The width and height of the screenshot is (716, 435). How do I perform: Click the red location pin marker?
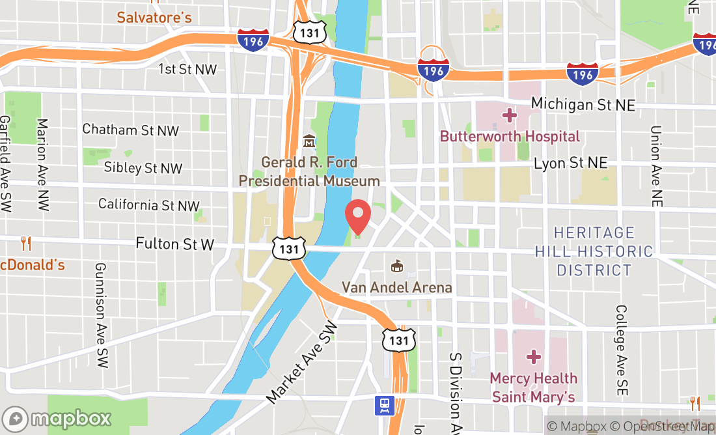coord(357,216)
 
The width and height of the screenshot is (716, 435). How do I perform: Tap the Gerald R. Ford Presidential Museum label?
coord(309,171)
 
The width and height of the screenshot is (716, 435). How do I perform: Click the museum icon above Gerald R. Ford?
coord(309,141)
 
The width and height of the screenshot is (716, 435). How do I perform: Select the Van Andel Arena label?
coord(397,287)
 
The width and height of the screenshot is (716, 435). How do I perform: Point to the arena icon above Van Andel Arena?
coord(396,266)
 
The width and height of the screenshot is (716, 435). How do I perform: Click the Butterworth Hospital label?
coord(509,136)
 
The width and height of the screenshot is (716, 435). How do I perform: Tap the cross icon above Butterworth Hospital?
coord(509,115)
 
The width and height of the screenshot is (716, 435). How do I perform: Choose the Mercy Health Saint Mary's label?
coord(534,387)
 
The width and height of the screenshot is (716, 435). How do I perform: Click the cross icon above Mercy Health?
coord(534,356)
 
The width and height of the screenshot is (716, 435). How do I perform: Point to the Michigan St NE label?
coord(583,104)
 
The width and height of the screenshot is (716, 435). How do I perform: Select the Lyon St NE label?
coord(570,163)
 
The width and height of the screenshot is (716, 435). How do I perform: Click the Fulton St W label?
coord(175,244)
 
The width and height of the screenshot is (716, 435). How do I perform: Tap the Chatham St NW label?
coord(130,130)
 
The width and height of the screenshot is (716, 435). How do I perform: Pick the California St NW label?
coord(148,205)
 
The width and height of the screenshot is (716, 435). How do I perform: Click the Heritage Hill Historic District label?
coord(594,251)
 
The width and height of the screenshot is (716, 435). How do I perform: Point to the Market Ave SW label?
coord(302,361)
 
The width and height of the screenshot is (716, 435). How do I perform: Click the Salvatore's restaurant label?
coord(154,18)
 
